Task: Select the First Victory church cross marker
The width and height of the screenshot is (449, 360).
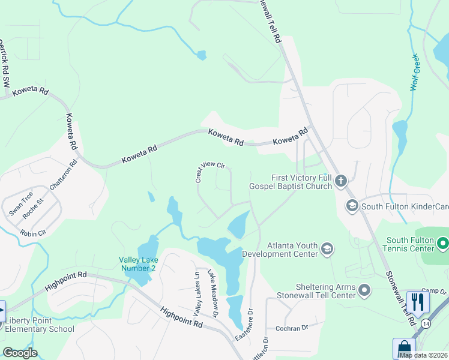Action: click(x=341, y=181)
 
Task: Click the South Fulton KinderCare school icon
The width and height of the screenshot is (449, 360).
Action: click(x=352, y=206)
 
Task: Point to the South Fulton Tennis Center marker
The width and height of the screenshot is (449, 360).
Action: click(x=442, y=244)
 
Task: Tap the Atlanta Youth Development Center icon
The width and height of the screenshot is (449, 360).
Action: click(x=327, y=248)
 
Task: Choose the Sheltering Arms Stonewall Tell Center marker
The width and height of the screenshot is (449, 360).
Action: click(x=364, y=291)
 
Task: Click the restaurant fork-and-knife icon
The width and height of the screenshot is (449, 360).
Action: click(x=418, y=301)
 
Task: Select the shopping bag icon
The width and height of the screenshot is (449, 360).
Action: click(x=404, y=349)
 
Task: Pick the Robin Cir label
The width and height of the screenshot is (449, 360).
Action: click(x=32, y=233)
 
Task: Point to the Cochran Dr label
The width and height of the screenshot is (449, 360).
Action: click(x=291, y=328)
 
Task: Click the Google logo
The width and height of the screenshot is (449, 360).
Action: click(x=20, y=353)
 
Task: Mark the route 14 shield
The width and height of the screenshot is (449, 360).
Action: click(x=426, y=323)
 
